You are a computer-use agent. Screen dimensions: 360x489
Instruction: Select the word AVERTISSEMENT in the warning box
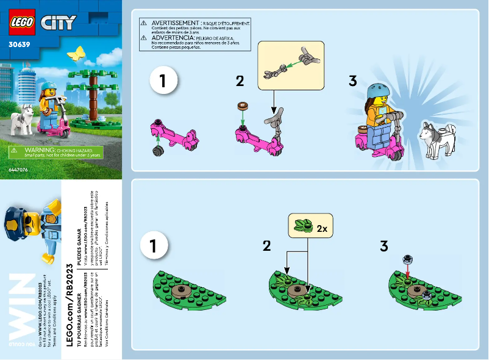[177, 21]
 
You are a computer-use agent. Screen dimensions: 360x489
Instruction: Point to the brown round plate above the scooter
[243, 106]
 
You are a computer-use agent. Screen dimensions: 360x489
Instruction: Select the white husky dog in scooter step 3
[437, 140]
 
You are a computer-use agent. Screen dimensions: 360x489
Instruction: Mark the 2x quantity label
[321, 229]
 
